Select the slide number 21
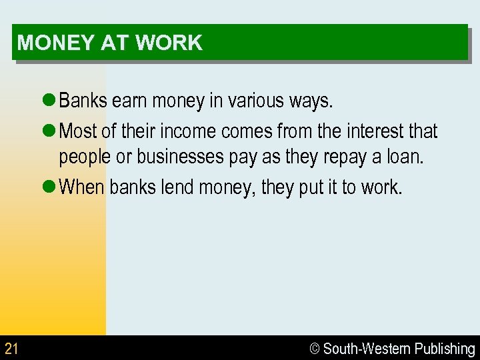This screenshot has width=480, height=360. tap(11, 348)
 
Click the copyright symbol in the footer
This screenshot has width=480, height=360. tap(315, 349)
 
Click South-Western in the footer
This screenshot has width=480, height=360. tap(366, 349)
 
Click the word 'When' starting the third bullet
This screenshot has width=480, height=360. tap(82, 187)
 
